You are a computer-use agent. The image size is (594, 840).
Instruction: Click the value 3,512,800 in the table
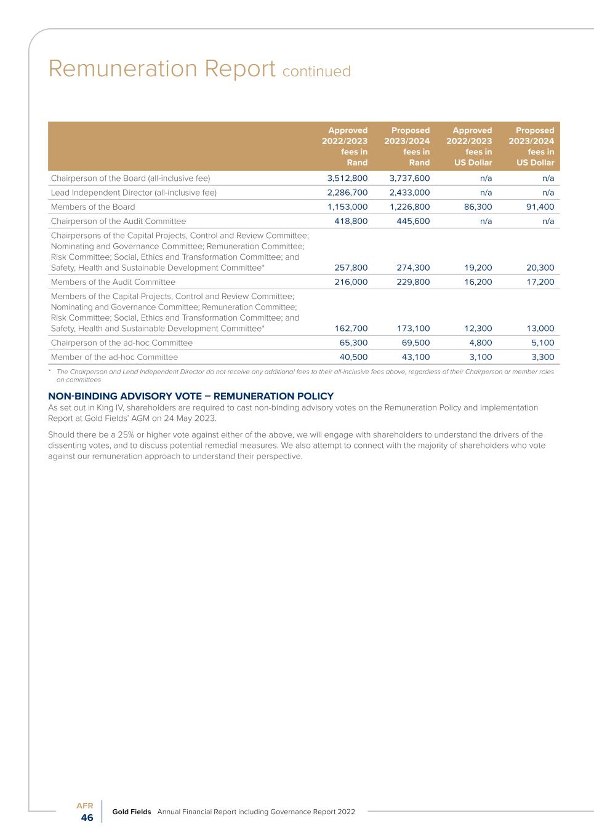click(x=347, y=178)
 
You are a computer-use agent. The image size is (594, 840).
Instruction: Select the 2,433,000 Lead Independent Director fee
click(x=409, y=193)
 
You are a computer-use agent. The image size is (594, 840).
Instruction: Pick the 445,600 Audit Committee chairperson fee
click(x=413, y=221)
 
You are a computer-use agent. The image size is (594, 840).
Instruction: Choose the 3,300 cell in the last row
click(x=542, y=357)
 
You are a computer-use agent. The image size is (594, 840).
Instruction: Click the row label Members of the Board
click(x=93, y=207)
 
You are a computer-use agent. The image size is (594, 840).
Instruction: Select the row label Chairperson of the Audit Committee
click(x=118, y=221)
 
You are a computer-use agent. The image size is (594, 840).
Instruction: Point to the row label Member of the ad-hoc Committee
click(x=114, y=357)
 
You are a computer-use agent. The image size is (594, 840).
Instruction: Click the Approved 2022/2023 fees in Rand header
click(x=345, y=146)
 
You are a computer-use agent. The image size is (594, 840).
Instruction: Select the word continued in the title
click(x=316, y=71)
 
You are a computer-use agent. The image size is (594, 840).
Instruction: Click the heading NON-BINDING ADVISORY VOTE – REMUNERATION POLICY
click(x=191, y=396)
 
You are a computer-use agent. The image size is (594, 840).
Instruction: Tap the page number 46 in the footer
click(x=87, y=818)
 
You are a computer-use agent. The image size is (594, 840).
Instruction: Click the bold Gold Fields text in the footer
click(x=132, y=812)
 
